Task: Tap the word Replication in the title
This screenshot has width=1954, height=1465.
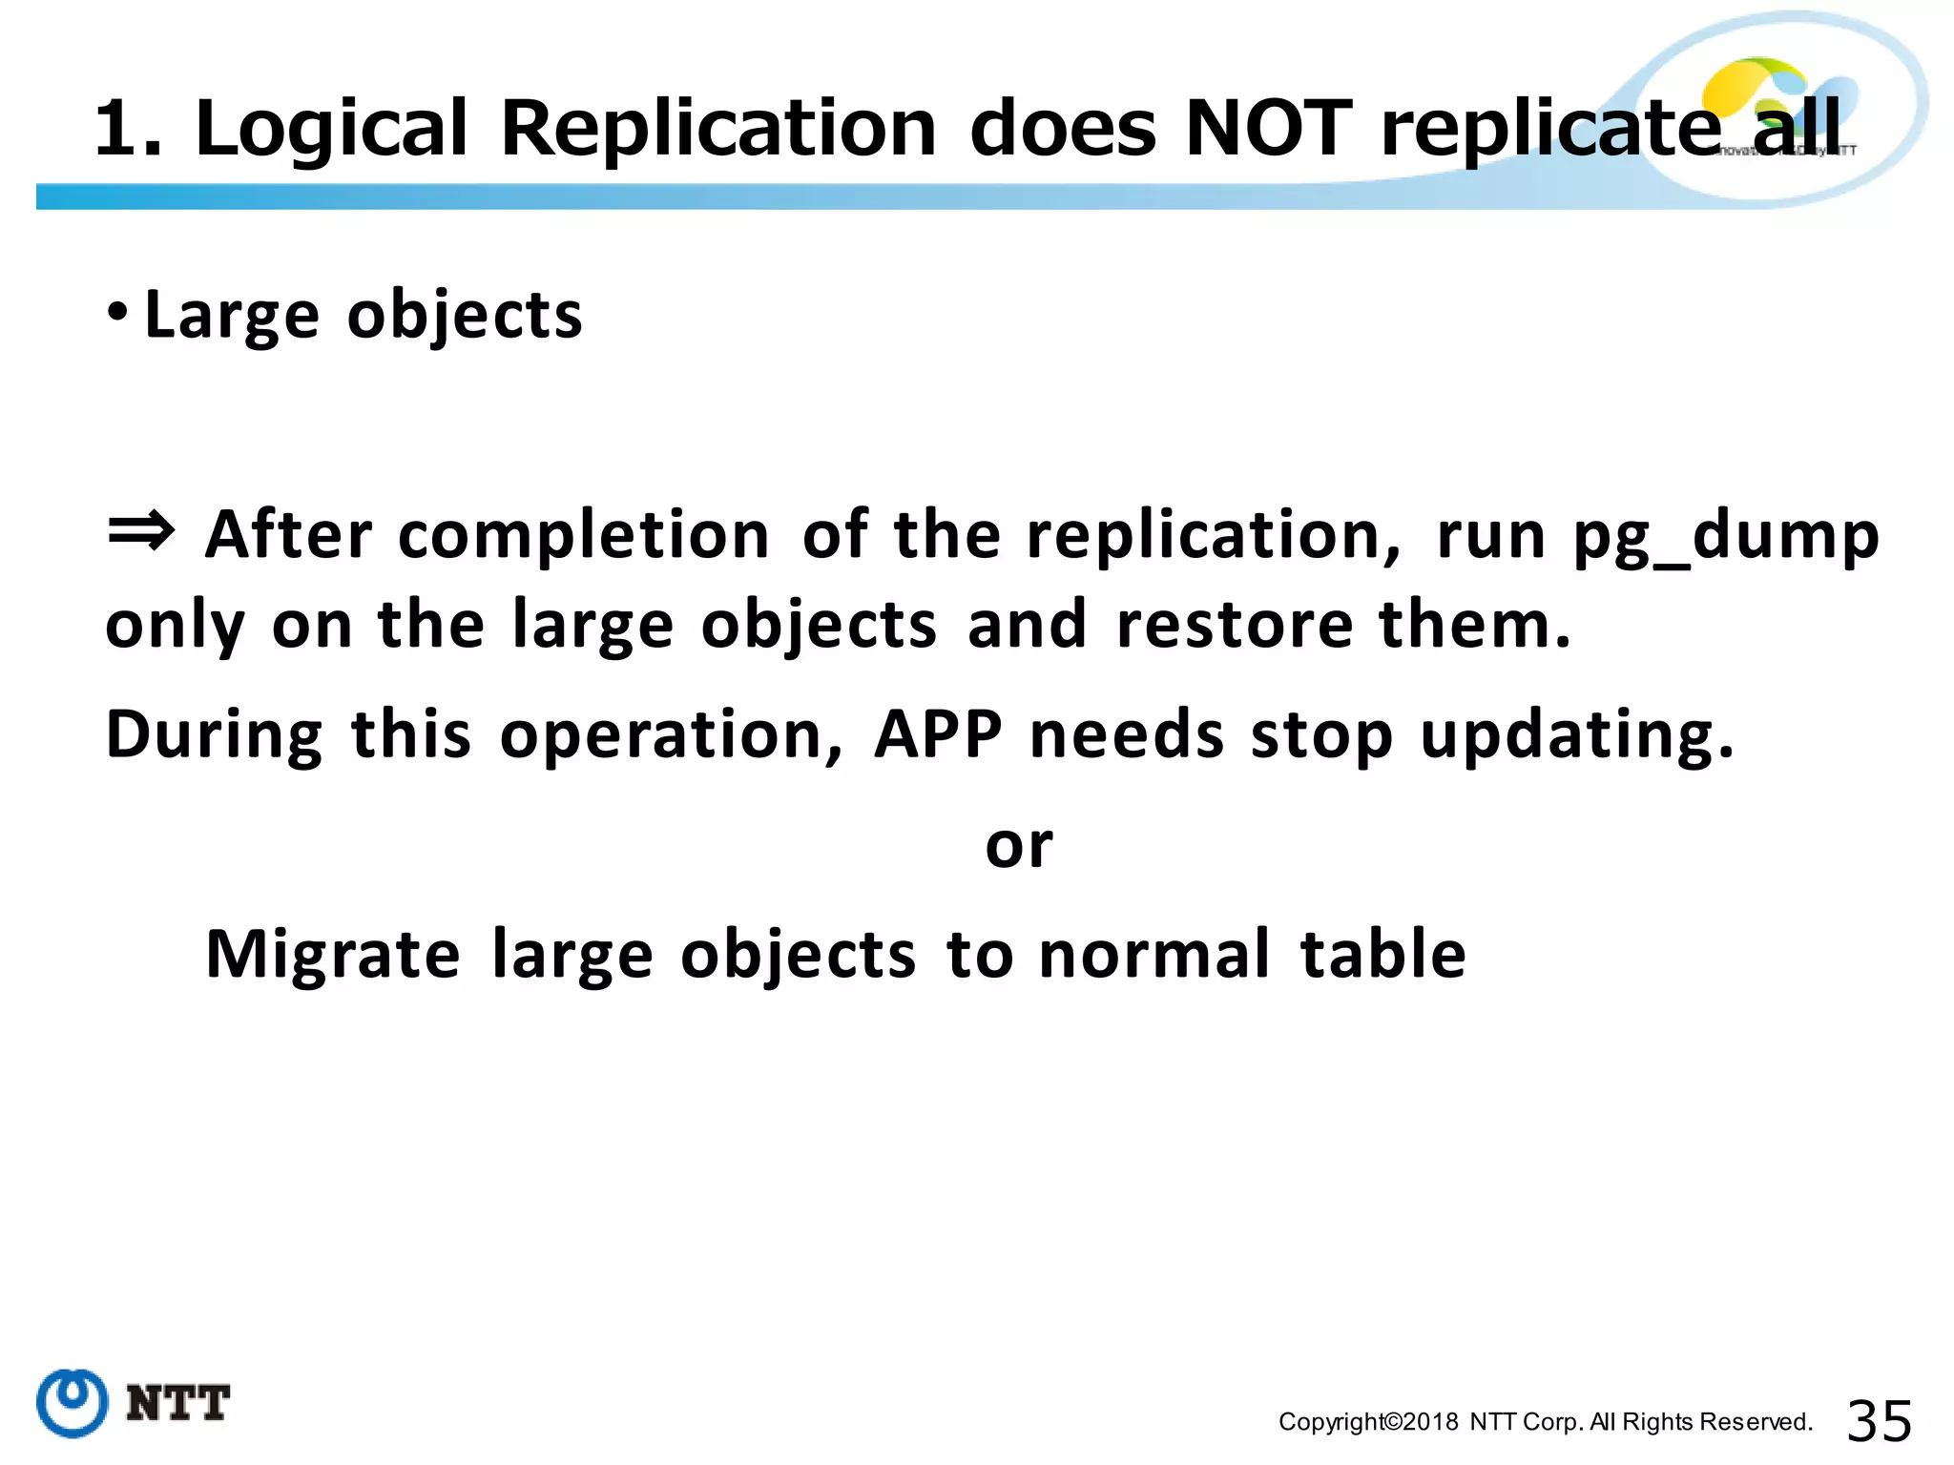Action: coord(718,129)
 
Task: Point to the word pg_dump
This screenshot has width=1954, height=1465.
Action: coord(1726,536)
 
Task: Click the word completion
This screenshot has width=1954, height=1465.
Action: coord(583,536)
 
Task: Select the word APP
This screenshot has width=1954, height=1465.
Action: coord(938,734)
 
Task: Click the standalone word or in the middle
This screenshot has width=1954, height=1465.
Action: coord(1019,846)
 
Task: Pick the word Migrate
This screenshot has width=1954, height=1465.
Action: coord(333,955)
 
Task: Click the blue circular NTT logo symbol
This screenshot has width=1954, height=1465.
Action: coord(73,1402)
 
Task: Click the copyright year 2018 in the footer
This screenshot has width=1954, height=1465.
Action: coord(1431,1422)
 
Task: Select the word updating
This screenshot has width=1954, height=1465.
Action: coord(1576,736)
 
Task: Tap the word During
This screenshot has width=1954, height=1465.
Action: coord(215,734)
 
